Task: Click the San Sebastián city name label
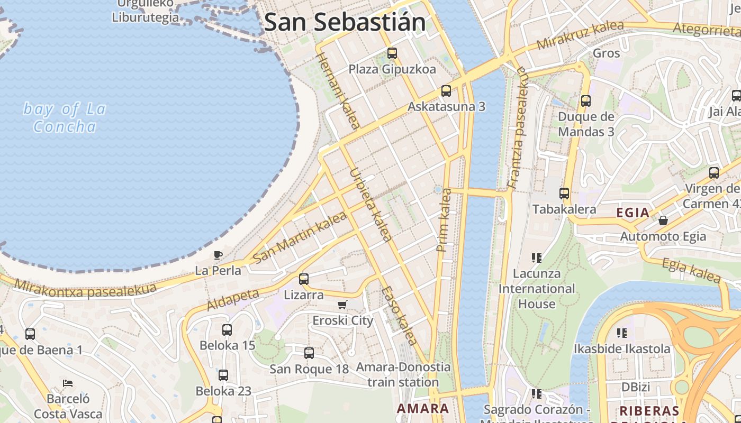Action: click(345, 23)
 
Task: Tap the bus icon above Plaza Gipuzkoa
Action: click(392, 53)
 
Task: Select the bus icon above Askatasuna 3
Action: click(446, 91)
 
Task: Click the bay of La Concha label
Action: click(65, 117)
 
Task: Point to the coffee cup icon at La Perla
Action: click(218, 255)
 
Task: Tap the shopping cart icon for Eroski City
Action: click(342, 305)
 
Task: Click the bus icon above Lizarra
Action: click(304, 279)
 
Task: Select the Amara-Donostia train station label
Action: click(403, 374)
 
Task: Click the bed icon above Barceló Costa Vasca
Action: click(67, 383)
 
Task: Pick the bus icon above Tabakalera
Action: click(564, 194)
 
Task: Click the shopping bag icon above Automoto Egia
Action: click(663, 220)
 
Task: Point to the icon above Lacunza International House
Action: click(537, 258)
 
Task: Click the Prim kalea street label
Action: click(444, 219)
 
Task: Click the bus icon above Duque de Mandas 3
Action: click(585, 101)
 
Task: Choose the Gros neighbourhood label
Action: click(606, 53)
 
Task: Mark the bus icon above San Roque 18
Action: click(309, 353)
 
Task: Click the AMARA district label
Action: click(423, 408)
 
